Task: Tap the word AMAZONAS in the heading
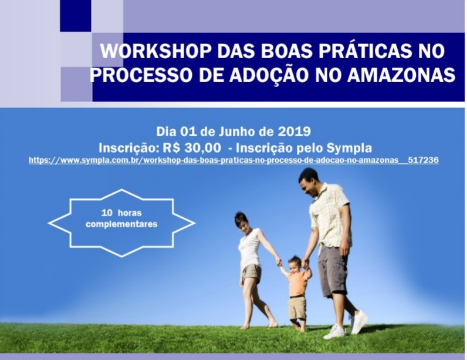pyautogui.click(x=401, y=75)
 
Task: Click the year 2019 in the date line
pyautogui.click(x=295, y=132)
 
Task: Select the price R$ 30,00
pyautogui.click(x=192, y=148)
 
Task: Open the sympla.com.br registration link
pyautogui.click(x=233, y=160)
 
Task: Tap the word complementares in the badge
pyautogui.click(x=121, y=224)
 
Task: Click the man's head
pyautogui.click(x=309, y=182)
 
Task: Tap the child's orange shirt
pyautogui.click(x=297, y=283)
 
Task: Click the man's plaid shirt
pyautogui.click(x=329, y=214)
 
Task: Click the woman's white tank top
pyautogui.click(x=249, y=248)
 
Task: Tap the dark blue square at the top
pyautogui.click(x=75, y=15)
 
